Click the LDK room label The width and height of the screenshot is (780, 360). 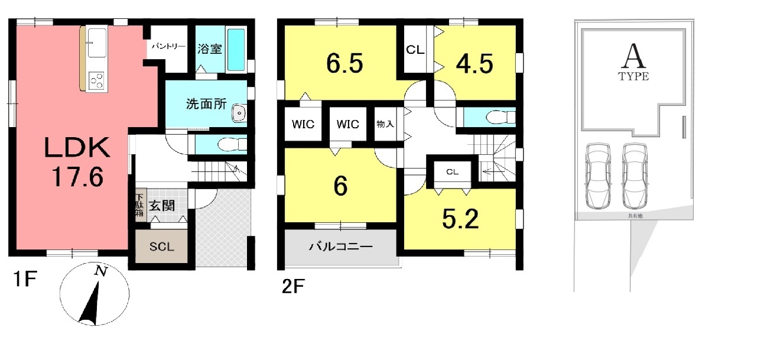click(x=77, y=147)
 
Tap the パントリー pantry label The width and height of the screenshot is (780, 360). click(x=168, y=46)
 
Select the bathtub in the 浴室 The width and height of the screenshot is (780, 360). click(x=236, y=50)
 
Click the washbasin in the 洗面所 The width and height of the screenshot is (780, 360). click(x=239, y=112)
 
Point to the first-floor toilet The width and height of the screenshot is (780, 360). click(x=232, y=144)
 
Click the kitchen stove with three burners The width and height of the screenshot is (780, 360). click(x=97, y=80)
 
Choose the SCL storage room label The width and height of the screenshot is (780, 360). click(x=161, y=247)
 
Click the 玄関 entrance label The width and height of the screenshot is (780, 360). click(x=162, y=206)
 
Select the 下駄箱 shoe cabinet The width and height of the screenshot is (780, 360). click(x=140, y=205)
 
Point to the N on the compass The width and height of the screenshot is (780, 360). click(x=101, y=271)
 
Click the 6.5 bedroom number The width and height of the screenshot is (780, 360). click(x=344, y=63)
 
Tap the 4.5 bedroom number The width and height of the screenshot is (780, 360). click(x=474, y=63)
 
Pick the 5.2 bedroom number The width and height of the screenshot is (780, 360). click(x=460, y=219)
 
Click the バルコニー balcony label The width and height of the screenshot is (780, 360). click(x=341, y=247)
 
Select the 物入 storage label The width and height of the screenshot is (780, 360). click(x=385, y=124)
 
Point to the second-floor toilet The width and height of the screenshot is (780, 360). click(x=500, y=117)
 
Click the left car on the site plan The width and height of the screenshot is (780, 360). click(x=598, y=176)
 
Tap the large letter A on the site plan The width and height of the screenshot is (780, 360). click(x=633, y=56)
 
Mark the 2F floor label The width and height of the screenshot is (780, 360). click(x=293, y=287)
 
